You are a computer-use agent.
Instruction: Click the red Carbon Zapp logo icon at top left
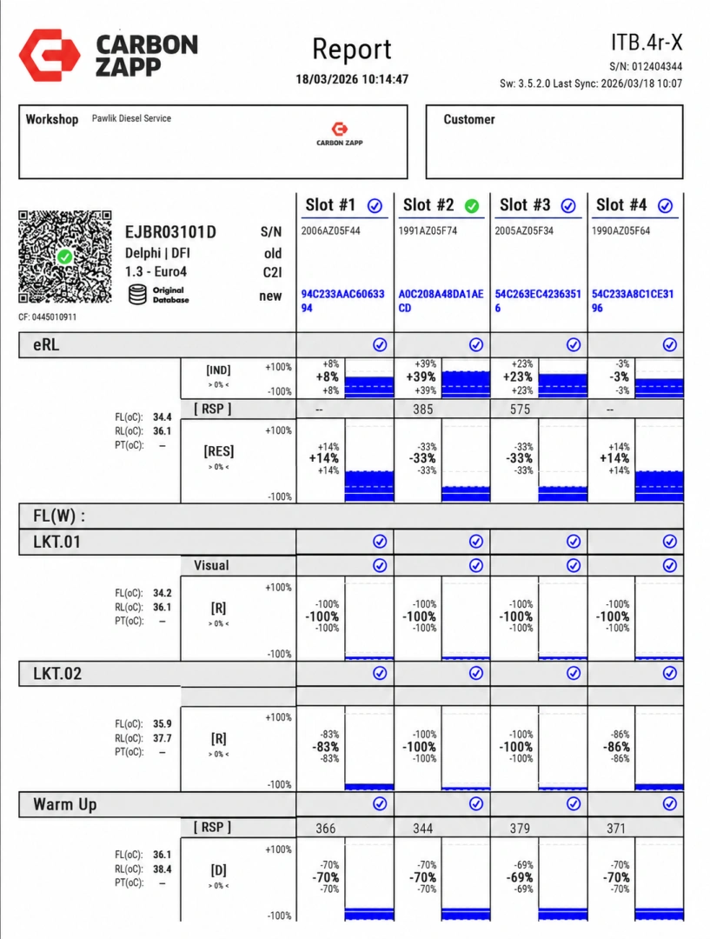pos(50,55)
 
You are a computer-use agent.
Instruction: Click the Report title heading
pos(352,50)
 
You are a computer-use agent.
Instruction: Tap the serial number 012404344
pos(657,66)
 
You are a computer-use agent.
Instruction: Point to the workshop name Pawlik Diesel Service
pos(131,118)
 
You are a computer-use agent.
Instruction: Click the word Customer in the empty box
pos(469,119)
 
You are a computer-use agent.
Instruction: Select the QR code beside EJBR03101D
pos(64,256)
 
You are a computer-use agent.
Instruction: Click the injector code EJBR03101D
pos(170,232)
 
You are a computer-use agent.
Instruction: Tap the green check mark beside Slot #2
pos(472,206)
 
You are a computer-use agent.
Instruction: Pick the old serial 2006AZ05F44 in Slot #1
pos(330,230)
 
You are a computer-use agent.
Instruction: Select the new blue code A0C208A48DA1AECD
pos(441,301)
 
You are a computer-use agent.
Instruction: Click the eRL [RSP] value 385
pos(422,410)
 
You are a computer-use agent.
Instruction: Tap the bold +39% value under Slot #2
pos(421,376)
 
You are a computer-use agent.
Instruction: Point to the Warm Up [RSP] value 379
pos(520,829)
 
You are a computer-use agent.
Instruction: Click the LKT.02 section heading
pos(56,674)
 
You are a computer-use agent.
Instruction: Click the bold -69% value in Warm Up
pos(520,877)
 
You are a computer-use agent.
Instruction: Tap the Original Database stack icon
pos(137,295)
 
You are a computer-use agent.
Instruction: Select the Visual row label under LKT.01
pos(211,565)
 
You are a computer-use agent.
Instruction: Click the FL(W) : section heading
pos(59,516)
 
